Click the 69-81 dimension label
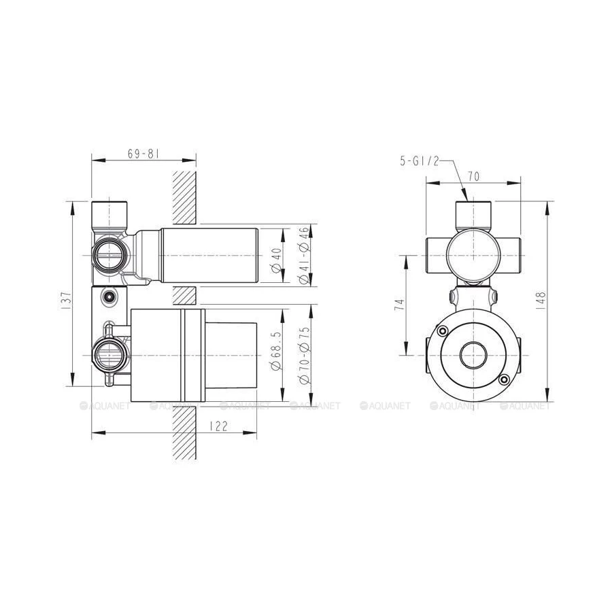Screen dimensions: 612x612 point(143,154)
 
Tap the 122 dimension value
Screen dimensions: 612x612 point(218,426)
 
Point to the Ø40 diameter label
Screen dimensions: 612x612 point(275,260)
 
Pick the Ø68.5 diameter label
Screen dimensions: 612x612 point(275,352)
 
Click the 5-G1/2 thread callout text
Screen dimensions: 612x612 point(420,160)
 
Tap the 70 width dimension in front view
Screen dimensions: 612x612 point(474,176)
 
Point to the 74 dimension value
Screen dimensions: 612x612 point(399,305)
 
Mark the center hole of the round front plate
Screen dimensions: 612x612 point(472,354)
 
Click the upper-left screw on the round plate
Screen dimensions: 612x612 point(443,331)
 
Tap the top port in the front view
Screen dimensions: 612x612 point(473,213)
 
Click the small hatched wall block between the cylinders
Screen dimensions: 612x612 point(184,295)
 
